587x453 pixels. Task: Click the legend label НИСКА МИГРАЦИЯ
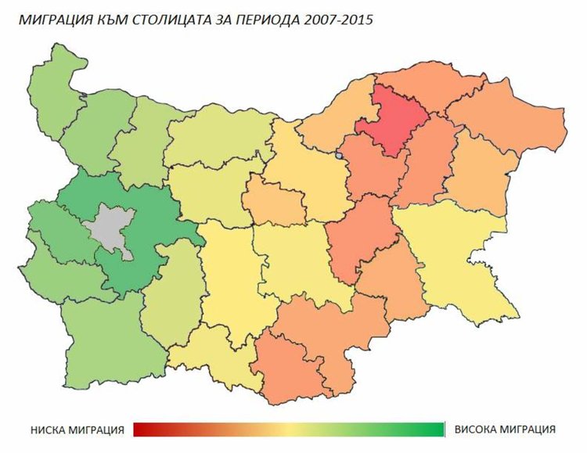(x=78, y=430)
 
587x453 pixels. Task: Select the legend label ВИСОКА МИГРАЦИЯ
(x=505, y=430)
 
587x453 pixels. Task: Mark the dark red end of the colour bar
(x=139, y=430)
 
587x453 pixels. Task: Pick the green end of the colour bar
(x=437, y=430)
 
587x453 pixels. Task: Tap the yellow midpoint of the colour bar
(x=288, y=430)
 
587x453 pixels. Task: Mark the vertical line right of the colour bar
(x=445, y=430)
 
